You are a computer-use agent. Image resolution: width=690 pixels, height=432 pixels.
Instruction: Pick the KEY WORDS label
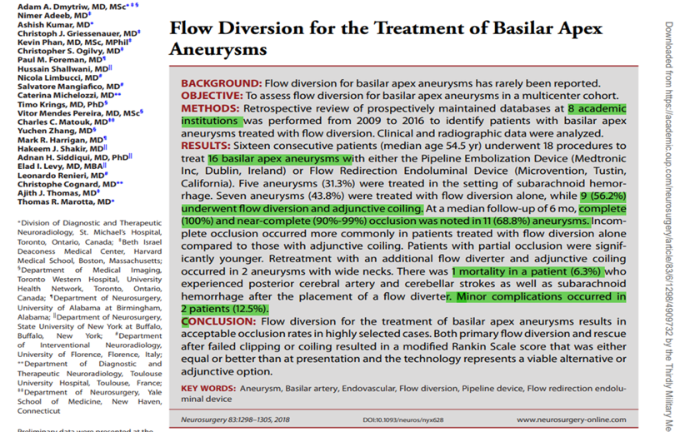click(x=208, y=388)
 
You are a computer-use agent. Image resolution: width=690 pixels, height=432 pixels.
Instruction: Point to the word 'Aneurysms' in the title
click(x=218, y=49)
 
